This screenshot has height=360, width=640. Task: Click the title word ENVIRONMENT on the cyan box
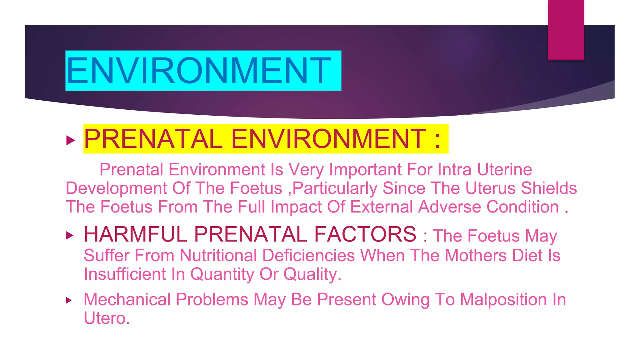point(198,71)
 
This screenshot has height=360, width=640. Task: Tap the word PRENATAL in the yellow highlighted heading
point(153,139)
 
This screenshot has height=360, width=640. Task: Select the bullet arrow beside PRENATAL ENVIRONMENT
point(71,140)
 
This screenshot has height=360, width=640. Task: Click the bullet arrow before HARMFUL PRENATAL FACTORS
point(70,235)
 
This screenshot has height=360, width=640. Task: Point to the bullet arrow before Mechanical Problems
point(69,301)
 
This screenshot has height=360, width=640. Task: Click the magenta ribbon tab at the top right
point(566,30)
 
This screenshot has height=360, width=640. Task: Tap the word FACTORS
point(365,234)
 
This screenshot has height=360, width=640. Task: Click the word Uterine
point(504,170)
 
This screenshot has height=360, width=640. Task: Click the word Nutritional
point(218,256)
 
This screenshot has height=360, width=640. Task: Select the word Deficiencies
point(308,256)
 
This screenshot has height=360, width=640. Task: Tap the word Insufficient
point(125,274)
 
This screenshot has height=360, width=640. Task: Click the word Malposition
point(503,300)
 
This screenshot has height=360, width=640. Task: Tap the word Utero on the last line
point(107,318)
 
